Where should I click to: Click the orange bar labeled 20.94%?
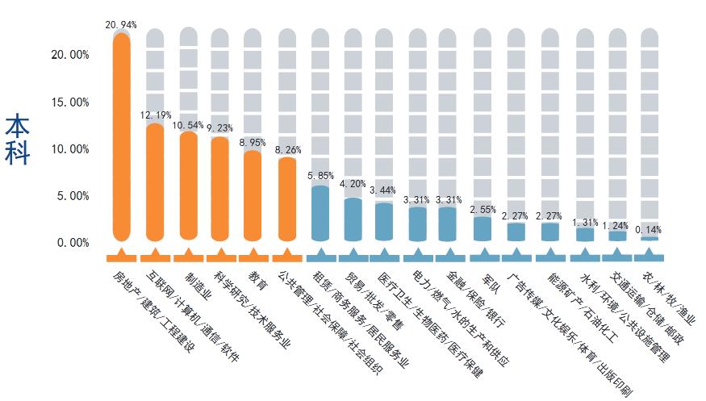click(x=122, y=137)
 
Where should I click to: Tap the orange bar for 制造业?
click(x=188, y=186)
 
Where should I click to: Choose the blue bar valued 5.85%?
click(x=320, y=214)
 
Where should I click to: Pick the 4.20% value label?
click(x=353, y=184)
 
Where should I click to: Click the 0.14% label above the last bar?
click(x=650, y=230)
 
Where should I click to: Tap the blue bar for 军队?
click(x=483, y=228)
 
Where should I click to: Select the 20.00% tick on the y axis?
click(x=69, y=56)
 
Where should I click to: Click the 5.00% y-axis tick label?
click(x=72, y=196)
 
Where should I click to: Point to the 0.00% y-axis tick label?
click(x=72, y=243)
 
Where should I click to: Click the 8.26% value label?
click(x=289, y=150)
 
